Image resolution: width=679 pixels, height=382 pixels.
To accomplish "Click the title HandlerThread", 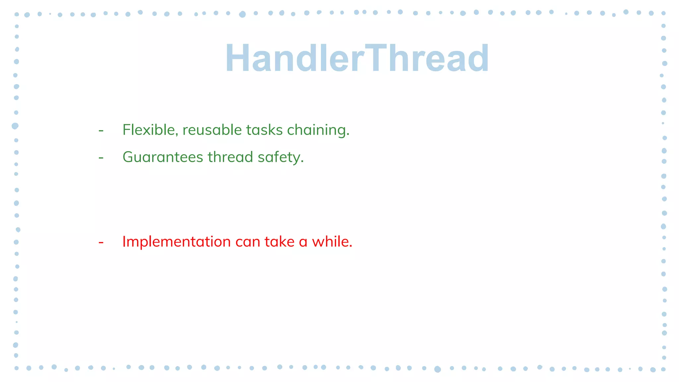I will [357, 58].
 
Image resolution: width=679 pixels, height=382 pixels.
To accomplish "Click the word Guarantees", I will [163, 157].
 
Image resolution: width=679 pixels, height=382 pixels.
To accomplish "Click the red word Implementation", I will [176, 241].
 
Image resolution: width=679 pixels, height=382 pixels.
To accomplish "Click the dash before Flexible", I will [101, 130].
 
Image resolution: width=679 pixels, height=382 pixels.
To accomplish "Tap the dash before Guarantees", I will [101, 158].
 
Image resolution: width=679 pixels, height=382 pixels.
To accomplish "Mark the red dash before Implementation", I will [101, 242].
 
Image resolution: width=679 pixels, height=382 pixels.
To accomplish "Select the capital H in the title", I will [238, 58].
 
